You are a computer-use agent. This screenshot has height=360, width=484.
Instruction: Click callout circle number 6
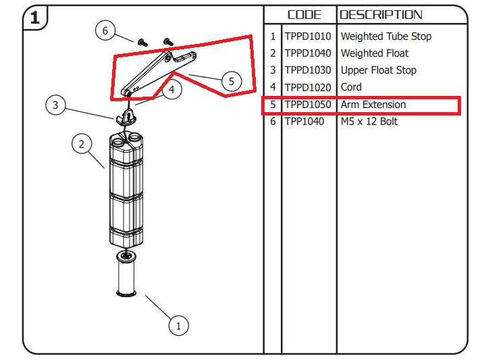105,30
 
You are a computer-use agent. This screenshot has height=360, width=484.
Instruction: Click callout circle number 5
231,81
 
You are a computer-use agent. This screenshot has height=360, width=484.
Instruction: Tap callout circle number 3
55,105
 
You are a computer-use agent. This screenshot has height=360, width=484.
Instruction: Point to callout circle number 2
81,144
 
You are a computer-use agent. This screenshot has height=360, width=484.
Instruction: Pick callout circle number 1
178,325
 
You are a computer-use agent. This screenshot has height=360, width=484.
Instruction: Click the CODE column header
304,14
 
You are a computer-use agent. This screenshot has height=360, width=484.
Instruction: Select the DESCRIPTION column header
381,14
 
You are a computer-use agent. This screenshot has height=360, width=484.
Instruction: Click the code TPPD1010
308,36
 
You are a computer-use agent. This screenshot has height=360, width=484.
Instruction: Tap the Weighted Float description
375,53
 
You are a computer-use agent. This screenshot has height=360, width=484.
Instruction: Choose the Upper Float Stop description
379,70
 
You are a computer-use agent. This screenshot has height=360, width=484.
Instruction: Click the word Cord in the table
351,87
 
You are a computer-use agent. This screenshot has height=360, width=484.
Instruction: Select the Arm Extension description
373,105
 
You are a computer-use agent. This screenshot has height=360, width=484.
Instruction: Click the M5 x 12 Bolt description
369,122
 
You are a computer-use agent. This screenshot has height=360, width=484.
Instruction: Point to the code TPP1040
304,122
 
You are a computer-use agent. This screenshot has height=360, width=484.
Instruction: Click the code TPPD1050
308,105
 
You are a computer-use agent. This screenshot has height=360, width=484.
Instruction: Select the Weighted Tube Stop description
386,36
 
